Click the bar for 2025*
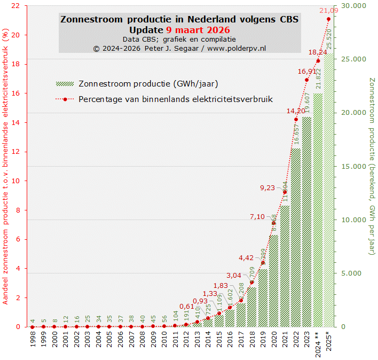[328, 192]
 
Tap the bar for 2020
[274, 280]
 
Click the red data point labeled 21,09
[328, 19]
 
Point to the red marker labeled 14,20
[296, 119]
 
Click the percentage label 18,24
[314, 52]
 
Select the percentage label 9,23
[270, 187]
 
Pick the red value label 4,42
[246, 258]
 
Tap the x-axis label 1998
[33, 342]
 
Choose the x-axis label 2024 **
[318, 345]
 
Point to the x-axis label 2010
[164, 342]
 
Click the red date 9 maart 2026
[198, 30]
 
